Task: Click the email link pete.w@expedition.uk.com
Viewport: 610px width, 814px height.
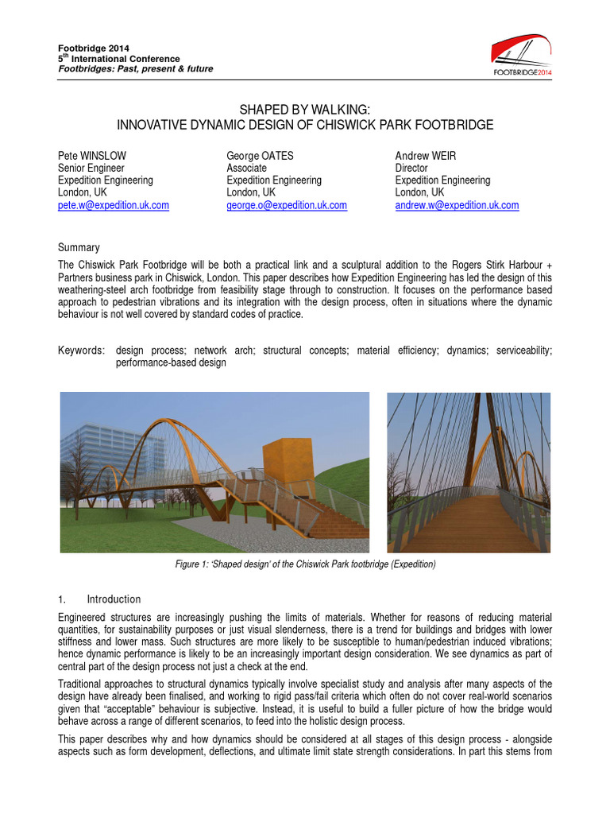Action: [x=114, y=205]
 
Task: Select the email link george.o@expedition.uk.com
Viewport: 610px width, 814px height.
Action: [x=286, y=205]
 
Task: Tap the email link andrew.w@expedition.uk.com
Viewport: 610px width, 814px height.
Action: [x=457, y=205]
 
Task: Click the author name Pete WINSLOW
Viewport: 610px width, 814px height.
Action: [x=92, y=156]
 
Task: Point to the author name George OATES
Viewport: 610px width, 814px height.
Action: [x=260, y=156]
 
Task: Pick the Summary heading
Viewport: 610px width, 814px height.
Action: [x=79, y=248]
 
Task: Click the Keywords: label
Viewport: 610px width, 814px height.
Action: [x=82, y=351]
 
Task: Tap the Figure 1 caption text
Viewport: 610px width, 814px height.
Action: [x=305, y=564]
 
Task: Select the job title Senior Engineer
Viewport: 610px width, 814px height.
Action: [x=91, y=169]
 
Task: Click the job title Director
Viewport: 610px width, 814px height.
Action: [x=411, y=169]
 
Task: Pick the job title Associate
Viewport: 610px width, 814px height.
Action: [x=246, y=169]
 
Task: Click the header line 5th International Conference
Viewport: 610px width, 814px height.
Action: [x=119, y=59]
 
